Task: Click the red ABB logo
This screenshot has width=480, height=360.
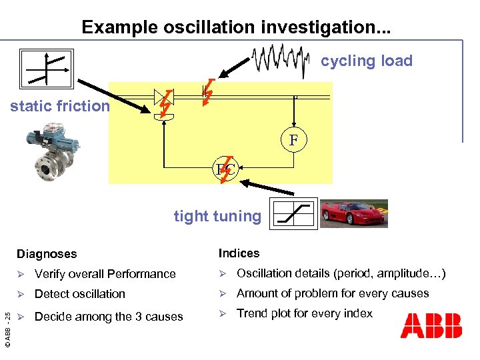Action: [431, 326]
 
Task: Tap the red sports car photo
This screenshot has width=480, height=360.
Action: [353, 213]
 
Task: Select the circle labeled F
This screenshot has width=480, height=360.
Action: [293, 141]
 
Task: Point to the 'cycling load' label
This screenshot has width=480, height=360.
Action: [367, 61]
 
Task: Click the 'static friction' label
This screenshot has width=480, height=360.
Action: [59, 106]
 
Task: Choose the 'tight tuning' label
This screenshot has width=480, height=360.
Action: [217, 216]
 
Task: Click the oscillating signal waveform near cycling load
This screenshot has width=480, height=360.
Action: [281, 58]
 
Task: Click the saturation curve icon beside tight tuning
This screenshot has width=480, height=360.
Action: [293, 213]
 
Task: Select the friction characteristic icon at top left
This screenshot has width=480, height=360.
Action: [46, 69]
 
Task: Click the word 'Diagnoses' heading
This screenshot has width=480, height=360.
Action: [47, 254]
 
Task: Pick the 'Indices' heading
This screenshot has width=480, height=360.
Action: [239, 253]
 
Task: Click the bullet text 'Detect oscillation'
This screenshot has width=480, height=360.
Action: [79, 294]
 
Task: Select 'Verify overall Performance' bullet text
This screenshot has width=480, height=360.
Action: [105, 274]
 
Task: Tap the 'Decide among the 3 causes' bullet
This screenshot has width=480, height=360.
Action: [108, 317]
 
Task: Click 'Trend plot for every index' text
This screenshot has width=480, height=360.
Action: [305, 313]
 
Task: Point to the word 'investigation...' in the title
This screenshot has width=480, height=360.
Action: [319, 27]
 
